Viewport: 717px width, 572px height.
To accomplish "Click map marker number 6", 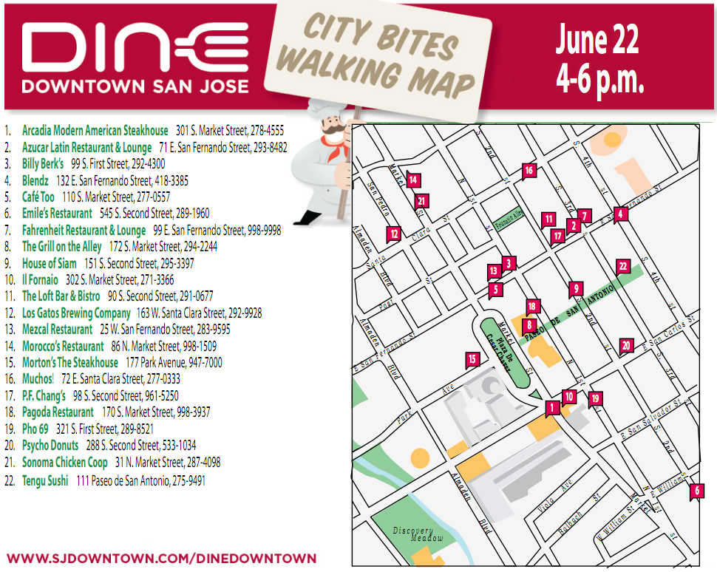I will tap(696, 490).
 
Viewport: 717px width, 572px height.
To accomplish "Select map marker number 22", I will tap(622, 266).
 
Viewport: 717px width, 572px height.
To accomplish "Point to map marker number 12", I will tap(394, 233).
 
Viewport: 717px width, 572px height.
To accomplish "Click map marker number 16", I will tap(529, 171).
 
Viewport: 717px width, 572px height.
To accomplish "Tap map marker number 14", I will tap(412, 180).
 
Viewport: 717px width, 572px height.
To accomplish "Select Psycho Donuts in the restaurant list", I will tap(50, 446).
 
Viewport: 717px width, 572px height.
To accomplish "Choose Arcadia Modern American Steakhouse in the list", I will tap(95, 131).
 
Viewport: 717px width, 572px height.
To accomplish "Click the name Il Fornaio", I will tap(40, 280).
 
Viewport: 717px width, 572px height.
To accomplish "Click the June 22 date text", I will tap(597, 41).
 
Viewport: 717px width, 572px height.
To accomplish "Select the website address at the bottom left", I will tap(161, 559).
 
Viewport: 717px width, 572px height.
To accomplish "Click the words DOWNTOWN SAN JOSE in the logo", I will tap(135, 86).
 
